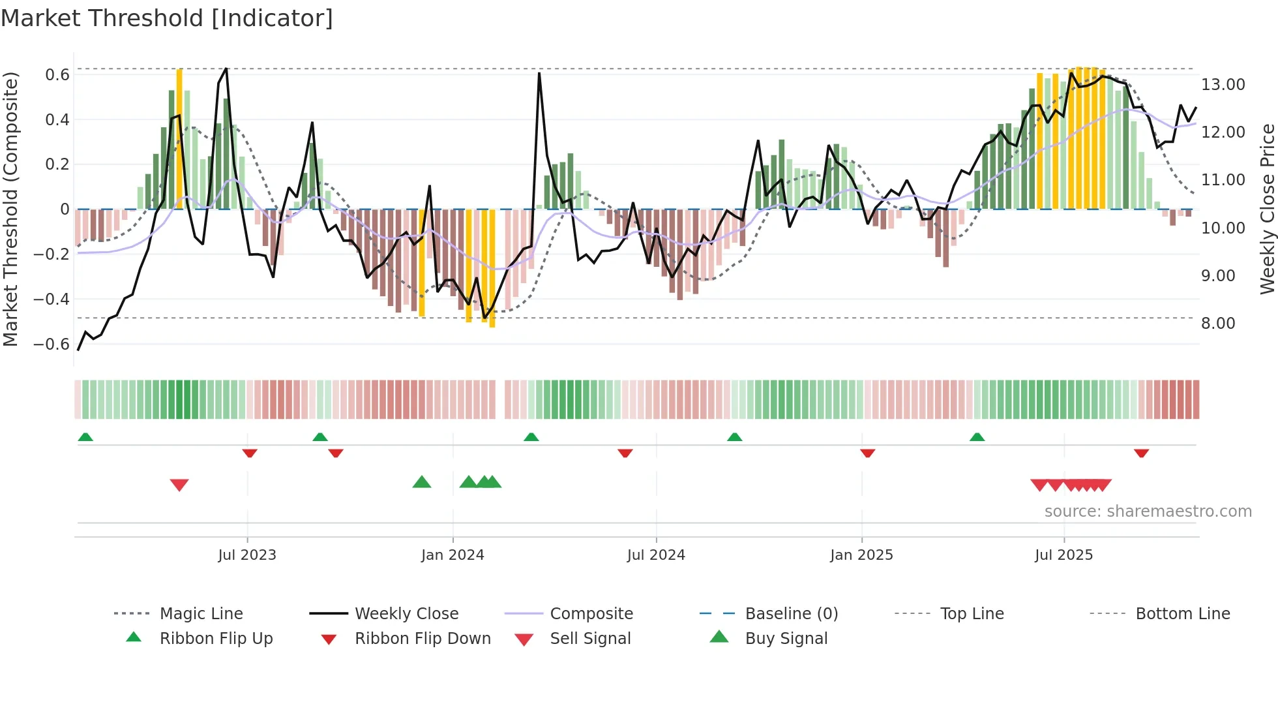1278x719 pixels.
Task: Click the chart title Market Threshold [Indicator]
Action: tap(167, 18)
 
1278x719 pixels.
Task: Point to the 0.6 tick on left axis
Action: tap(57, 75)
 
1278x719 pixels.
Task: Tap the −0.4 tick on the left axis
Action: tap(52, 299)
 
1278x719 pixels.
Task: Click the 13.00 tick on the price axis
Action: tap(1223, 85)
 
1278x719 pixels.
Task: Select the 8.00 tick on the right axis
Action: tap(1218, 324)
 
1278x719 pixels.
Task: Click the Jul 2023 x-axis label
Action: tap(247, 555)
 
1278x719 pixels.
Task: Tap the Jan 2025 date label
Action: tap(861, 555)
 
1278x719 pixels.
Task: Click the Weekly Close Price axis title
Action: tap(1267, 209)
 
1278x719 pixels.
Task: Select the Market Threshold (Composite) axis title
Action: tap(10, 209)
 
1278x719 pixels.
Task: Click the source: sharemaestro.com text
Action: tap(1148, 512)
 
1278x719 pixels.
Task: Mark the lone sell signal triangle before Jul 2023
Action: tap(179, 485)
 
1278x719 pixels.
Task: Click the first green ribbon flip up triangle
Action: tap(85, 437)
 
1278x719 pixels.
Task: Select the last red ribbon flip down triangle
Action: tap(1141, 453)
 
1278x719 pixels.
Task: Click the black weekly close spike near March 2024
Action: tap(539, 74)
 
